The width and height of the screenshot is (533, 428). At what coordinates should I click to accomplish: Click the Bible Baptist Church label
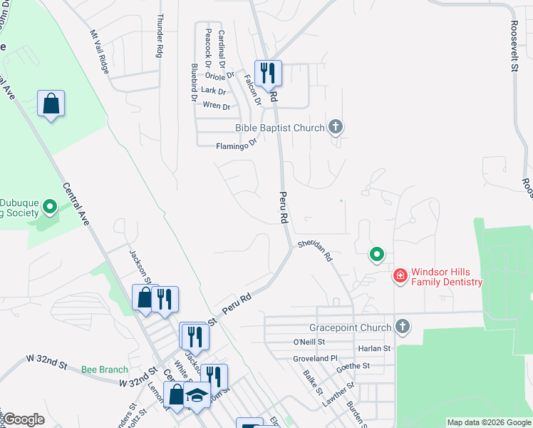280,128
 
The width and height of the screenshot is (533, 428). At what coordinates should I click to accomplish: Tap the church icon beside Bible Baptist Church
336,128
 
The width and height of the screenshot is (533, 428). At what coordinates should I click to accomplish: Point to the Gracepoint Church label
350,327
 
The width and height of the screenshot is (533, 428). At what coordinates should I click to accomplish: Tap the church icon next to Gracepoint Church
403,327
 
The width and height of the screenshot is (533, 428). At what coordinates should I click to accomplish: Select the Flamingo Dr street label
236,146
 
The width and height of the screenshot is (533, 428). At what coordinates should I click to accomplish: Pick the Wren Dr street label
217,106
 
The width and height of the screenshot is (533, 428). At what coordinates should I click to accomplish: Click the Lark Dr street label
213,91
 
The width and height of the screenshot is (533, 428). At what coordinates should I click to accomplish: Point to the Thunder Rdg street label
160,35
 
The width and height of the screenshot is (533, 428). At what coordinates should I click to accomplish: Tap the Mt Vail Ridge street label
100,52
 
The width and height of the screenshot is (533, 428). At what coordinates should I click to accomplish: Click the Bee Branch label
104,370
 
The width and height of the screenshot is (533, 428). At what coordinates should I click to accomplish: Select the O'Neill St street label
309,342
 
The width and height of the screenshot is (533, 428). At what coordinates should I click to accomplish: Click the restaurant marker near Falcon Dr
268,73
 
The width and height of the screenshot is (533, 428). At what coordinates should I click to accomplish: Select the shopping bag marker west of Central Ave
51,104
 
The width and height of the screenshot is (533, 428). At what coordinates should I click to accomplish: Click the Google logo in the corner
24,420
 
